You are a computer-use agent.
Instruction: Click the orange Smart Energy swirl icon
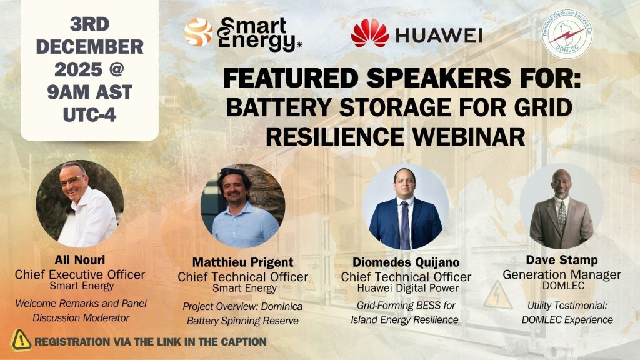pyautogui.click(x=198, y=32)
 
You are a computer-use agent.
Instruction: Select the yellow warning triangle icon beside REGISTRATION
pyautogui.click(x=21, y=341)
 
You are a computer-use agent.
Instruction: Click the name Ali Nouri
pyautogui.click(x=80, y=260)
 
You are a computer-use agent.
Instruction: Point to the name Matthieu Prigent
pyautogui.click(x=243, y=262)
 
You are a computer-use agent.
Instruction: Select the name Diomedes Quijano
pyautogui.click(x=406, y=262)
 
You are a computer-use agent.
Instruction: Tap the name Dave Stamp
pyautogui.click(x=562, y=260)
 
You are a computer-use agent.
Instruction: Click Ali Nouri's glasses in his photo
pyautogui.click(x=72, y=181)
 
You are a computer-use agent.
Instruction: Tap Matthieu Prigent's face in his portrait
pyautogui.click(x=234, y=191)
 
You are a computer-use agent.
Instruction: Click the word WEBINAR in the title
pyautogui.click(x=468, y=136)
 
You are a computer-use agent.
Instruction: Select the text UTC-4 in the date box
pyautogui.click(x=90, y=115)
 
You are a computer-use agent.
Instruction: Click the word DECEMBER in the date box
pyautogui.click(x=90, y=47)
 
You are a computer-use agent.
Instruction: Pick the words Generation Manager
pyautogui.click(x=562, y=275)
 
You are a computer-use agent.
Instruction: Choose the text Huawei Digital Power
pyautogui.click(x=407, y=288)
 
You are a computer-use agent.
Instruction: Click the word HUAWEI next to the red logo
pyautogui.click(x=439, y=36)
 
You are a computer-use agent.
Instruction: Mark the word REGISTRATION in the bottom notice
pyautogui.click(x=72, y=342)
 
